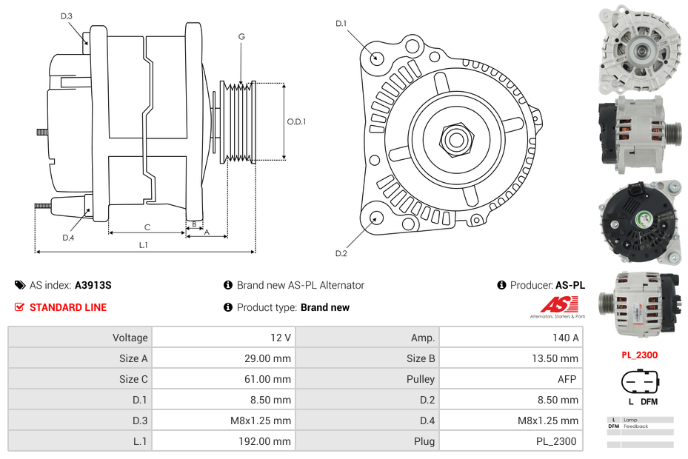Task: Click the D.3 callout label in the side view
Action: coord(67,16)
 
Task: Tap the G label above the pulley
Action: coord(241,36)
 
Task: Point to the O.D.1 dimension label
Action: coord(296,121)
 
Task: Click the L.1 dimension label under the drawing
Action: coord(143,244)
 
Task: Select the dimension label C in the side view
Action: coord(147,227)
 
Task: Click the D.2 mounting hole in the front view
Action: coord(376,218)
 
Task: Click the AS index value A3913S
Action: coord(93,285)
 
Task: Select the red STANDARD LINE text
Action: coord(67,307)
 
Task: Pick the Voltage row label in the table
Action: coord(130,338)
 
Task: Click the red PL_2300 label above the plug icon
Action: coord(639,355)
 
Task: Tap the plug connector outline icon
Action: coord(639,383)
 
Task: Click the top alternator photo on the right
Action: coord(639,50)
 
